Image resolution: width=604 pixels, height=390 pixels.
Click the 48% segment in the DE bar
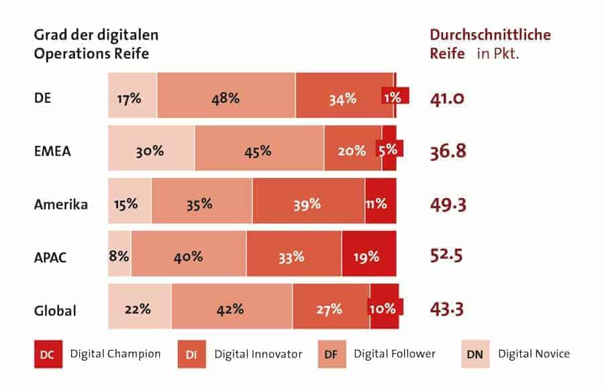coord(226,98)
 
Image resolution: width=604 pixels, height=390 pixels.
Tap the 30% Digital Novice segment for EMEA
coord(151,151)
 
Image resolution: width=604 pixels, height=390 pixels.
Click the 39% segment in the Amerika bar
coord(308,204)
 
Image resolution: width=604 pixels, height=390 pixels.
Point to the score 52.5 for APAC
coord(447,256)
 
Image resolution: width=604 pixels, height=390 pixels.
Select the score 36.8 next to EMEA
coord(448,151)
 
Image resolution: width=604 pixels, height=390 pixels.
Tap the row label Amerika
coord(61,205)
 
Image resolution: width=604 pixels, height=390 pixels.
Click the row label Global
coord(55,311)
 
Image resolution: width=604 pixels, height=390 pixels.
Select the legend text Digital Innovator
coord(258,354)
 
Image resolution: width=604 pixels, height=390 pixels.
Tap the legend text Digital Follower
coord(395,354)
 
